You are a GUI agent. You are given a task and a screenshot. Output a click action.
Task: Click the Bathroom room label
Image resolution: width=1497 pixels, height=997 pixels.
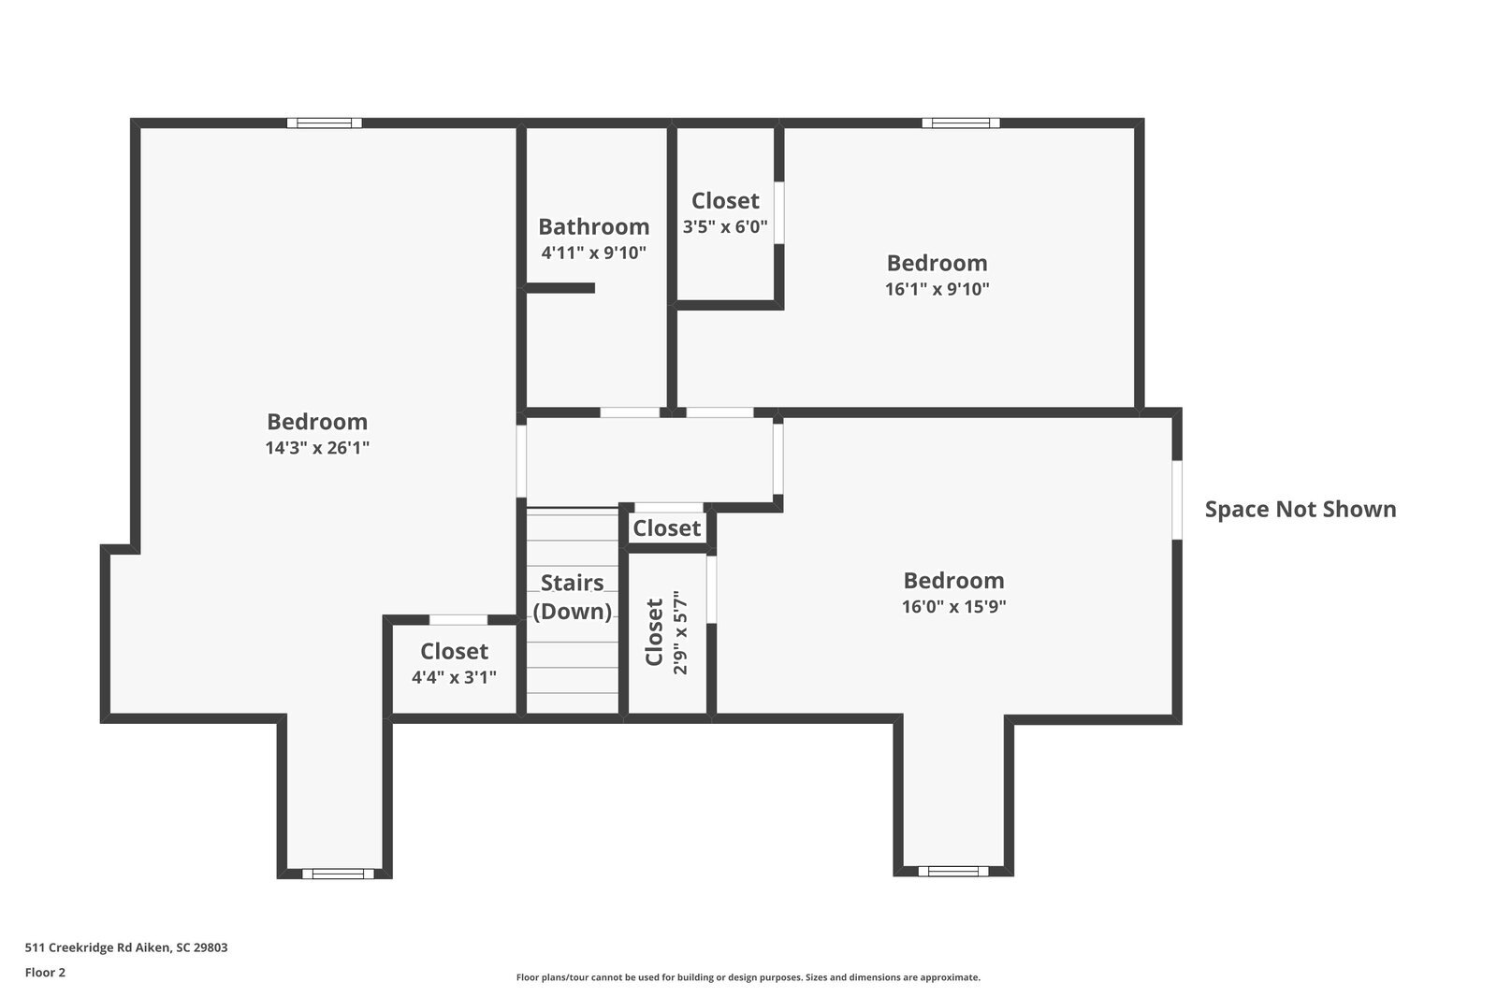(x=593, y=226)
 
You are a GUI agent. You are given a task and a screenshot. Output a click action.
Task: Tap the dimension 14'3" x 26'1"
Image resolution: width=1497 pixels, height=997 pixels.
(x=317, y=448)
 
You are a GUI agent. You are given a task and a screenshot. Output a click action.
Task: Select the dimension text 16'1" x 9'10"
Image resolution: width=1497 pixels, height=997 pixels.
(x=937, y=289)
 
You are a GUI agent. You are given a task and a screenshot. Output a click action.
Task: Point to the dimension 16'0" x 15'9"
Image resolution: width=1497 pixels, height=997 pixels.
(x=953, y=606)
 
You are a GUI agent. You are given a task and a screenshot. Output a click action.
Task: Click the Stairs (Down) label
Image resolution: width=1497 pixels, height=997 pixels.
(x=572, y=597)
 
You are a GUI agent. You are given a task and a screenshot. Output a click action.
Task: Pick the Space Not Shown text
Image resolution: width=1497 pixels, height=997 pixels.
(x=1300, y=510)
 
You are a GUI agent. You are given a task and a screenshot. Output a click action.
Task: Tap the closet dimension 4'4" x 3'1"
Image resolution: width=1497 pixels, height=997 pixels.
(x=454, y=676)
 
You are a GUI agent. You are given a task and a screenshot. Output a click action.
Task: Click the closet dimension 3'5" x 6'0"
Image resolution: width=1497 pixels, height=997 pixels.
(x=725, y=226)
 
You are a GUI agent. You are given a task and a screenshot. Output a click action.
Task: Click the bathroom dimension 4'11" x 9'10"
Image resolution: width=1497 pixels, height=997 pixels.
(x=593, y=253)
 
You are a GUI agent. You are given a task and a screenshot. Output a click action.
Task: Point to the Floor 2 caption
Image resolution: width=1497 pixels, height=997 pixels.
(x=45, y=972)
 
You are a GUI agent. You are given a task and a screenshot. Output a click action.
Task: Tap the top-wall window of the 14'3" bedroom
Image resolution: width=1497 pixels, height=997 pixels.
(x=324, y=123)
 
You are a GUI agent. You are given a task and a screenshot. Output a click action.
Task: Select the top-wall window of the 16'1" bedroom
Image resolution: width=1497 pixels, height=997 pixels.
(x=960, y=123)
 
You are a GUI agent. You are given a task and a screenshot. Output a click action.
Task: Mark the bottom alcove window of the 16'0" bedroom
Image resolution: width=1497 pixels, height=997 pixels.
(x=952, y=871)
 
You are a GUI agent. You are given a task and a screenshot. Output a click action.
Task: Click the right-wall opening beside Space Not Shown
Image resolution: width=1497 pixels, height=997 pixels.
(x=1177, y=499)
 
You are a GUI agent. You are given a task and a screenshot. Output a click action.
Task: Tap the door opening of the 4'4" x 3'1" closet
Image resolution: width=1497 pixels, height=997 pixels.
(x=458, y=619)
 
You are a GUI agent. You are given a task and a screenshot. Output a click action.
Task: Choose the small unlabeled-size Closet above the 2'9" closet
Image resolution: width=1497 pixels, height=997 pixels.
(x=666, y=528)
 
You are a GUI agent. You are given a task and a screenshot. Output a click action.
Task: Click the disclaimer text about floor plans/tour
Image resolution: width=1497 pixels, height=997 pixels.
(x=748, y=977)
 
